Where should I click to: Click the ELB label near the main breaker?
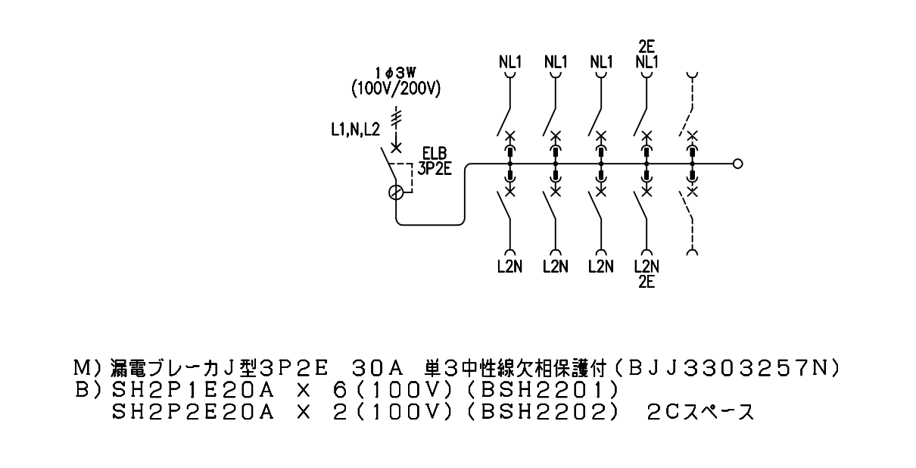(435, 154)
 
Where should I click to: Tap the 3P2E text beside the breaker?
(435, 169)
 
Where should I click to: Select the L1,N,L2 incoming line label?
(355, 129)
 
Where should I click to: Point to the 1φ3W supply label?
(396, 73)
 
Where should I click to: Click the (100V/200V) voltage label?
(396, 89)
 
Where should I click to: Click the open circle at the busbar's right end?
(737, 164)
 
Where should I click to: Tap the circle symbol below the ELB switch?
(396, 192)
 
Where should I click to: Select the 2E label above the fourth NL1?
(646, 47)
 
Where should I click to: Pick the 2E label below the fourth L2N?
(646, 282)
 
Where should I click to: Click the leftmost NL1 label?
(510, 62)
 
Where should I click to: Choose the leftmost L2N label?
(510, 267)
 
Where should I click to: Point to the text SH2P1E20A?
(192, 390)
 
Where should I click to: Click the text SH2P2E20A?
(192, 413)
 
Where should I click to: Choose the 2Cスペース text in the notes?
(700, 413)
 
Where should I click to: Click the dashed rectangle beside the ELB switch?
(412, 178)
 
